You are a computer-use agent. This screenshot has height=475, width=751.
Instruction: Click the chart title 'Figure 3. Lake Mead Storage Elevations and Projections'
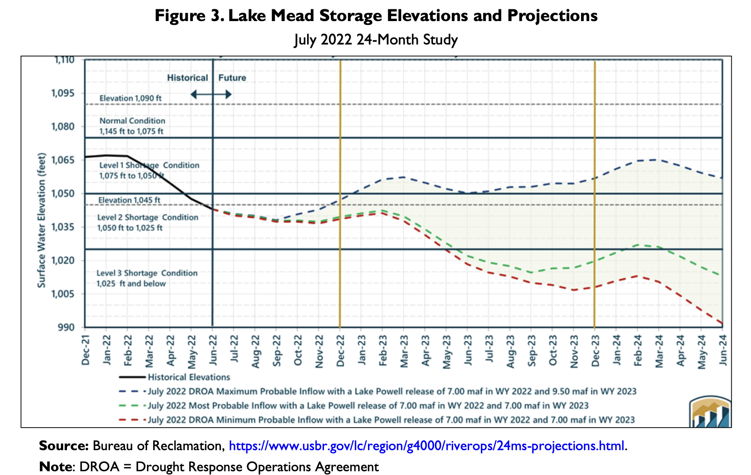tap(375, 16)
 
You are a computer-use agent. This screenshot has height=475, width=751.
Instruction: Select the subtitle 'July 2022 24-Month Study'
tap(375, 39)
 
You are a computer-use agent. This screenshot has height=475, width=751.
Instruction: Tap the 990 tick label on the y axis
tap(66, 327)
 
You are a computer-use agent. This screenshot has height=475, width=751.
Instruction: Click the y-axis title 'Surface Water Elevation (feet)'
tap(42, 220)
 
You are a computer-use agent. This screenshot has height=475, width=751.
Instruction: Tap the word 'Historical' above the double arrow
tap(187, 78)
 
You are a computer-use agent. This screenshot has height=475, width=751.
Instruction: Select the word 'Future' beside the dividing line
tap(232, 78)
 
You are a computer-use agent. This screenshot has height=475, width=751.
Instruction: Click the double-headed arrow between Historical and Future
tap(211, 95)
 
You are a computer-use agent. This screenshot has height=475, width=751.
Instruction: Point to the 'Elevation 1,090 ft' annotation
tap(131, 98)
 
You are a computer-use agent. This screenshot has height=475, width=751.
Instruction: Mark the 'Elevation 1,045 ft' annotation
tap(129, 200)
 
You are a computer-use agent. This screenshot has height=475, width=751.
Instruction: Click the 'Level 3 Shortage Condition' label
tap(147, 273)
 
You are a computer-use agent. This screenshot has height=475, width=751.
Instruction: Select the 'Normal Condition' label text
tap(133, 121)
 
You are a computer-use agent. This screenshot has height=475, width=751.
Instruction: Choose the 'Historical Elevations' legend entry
tap(189, 377)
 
